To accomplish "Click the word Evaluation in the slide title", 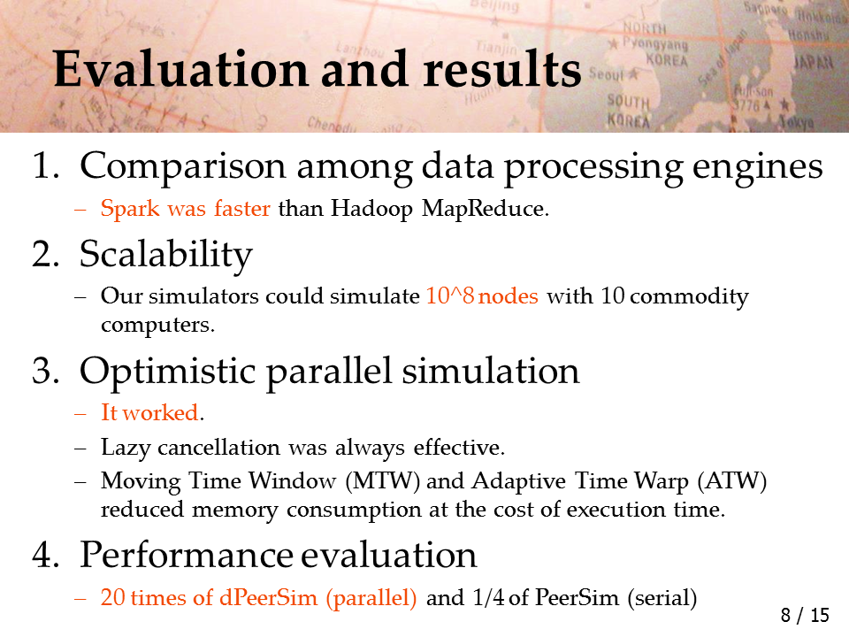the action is (x=181, y=69).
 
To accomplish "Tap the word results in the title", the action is (x=502, y=69).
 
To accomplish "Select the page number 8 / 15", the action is (x=805, y=616).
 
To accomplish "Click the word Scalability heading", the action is (x=165, y=255).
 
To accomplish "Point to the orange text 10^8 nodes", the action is (x=482, y=295).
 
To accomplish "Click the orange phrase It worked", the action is (x=149, y=413).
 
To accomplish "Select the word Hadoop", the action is (x=372, y=209).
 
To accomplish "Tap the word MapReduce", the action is (x=485, y=209).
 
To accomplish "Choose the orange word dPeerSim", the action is (x=268, y=597).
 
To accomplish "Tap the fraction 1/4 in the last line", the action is (x=488, y=597).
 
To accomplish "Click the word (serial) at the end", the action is (x=662, y=598).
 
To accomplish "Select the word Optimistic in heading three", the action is (x=167, y=372).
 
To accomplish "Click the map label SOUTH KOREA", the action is (x=628, y=111).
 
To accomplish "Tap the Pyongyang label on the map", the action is (x=654, y=42).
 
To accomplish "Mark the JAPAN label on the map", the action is (x=814, y=62).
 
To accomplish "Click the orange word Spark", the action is (x=130, y=209).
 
